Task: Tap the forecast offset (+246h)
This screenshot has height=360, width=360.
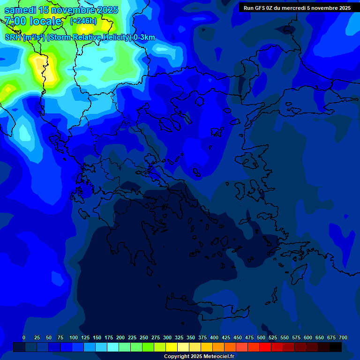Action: point(83,21)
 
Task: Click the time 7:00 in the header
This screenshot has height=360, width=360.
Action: point(15,21)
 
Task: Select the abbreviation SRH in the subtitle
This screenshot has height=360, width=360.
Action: point(13,37)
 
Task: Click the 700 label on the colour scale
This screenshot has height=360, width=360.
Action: point(343,337)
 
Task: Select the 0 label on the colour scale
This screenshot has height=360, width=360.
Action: point(24,337)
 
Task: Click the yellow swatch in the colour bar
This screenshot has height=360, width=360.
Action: point(171,347)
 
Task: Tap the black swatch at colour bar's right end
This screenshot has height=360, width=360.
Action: point(336,347)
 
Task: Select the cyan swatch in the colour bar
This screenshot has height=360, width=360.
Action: point(112,347)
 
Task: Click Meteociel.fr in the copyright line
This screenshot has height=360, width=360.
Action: point(218,357)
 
